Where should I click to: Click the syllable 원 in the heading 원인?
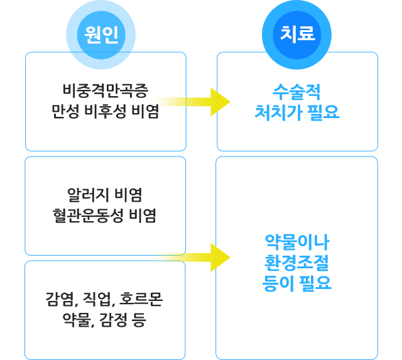tap(92, 34)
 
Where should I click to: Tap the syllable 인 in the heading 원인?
tap(110, 34)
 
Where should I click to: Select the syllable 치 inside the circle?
tap(288, 34)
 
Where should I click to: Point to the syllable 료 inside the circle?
tap(306, 34)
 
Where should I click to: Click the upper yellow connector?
tap(192, 102)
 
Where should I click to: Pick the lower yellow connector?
tap(192, 258)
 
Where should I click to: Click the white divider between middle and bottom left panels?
tap(88, 258)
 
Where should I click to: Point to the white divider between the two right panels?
tap(297, 153)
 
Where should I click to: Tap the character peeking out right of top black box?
tap(155, 111)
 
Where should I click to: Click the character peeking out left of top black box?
tap(55, 111)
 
